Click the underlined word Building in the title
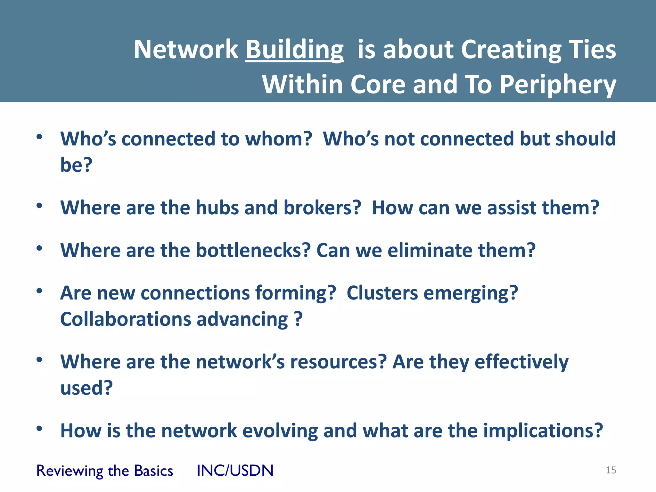pyautogui.click(x=294, y=50)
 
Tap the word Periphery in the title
pyautogui.click(x=558, y=85)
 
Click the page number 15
pyautogui.click(x=611, y=470)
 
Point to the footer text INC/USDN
pyautogui.click(x=235, y=471)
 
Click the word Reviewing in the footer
pyautogui.click(x=69, y=471)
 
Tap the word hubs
pyautogui.click(x=217, y=208)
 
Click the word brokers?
pyautogui.click(x=322, y=208)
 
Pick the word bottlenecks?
pyautogui.click(x=253, y=250)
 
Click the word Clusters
pyautogui.click(x=382, y=293)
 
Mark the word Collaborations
pyautogui.click(x=126, y=319)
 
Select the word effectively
pyautogui.click(x=521, y=362)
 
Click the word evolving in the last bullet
pyautogui.click(x=280, y=430)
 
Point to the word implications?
pyautogui.click(x=543, y=431)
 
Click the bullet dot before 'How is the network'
pyautogui.click(x=39, y=428)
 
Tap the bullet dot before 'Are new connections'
pyautogui.click(x=39, y=291)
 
